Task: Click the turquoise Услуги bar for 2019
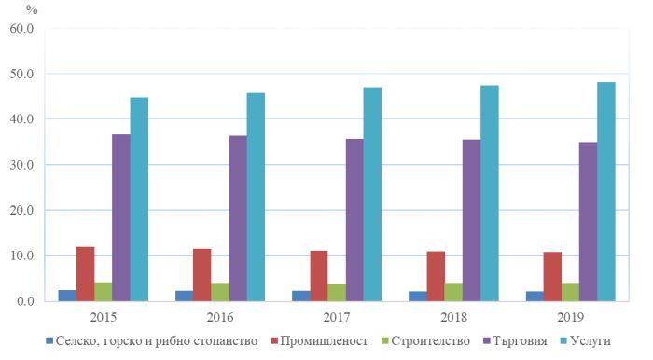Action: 606,191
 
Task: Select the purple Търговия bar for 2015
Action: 121,217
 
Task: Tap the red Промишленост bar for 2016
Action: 202,275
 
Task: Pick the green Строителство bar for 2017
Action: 337,292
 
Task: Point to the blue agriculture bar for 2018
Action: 418,296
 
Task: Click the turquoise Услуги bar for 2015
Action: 139,199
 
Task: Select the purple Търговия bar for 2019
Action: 588,221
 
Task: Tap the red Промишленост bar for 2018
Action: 436,276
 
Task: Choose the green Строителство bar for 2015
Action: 104,291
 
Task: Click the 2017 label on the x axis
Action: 337,317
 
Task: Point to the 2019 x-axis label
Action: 570,317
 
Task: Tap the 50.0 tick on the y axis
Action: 21,74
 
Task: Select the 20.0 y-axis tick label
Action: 21,210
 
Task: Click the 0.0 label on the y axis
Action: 25,301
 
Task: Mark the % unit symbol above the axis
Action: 32,9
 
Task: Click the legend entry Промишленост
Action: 324,341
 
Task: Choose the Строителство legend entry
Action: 430,341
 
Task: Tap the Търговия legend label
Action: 521,341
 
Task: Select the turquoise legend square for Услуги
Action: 563,340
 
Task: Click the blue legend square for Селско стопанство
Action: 49,340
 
